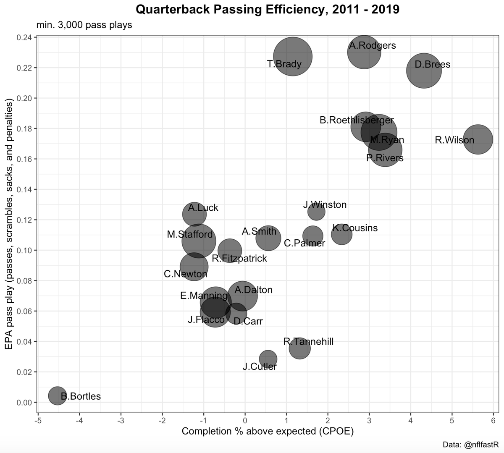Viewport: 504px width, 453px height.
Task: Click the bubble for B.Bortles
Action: [x=57, y=395]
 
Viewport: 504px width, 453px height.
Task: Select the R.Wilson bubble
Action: [x=478, y=139]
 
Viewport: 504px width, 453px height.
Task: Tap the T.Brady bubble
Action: [x=293, y=56]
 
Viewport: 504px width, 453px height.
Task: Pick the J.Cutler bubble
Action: [x=268, y=359]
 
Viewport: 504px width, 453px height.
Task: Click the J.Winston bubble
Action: [x=316, y=212]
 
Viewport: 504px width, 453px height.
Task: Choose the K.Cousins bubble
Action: [x=341, y=234]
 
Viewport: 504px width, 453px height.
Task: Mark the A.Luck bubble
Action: [x=194, y=214]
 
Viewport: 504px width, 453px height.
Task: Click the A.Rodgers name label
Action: [x=372, y=46]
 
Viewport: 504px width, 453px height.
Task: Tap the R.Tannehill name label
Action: [x=308, y=342]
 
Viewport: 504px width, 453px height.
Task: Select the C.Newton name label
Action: [x=185, y=274]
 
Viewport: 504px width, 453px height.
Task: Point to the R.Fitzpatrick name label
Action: [x=239, y=259]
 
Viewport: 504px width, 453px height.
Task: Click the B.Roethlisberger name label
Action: [x=357, y=120]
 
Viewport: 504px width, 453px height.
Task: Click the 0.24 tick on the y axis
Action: [x=26, y=37]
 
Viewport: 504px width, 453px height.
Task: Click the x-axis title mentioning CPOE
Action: [x=268, y=432]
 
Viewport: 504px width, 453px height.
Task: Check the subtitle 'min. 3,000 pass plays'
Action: [x=84, y=25]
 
